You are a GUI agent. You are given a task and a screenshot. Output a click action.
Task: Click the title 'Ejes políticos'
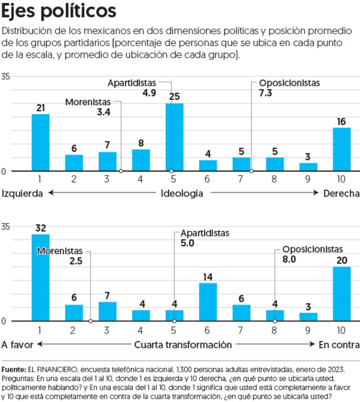coord(59,12)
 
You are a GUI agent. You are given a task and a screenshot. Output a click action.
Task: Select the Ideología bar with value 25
coord(174,137)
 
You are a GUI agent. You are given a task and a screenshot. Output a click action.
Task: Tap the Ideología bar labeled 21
coord(40,142)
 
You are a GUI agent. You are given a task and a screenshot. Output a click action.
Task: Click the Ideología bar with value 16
coord(341,149)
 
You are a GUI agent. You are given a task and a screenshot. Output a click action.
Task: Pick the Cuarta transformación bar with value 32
coord(40,277)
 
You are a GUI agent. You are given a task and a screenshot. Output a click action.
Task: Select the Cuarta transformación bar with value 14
coord(208,302)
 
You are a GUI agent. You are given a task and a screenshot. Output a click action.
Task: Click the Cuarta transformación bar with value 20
coord(341,294)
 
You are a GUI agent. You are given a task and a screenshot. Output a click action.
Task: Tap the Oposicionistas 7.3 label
coord(289,88)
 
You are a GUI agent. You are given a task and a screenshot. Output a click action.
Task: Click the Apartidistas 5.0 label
coord(205,238)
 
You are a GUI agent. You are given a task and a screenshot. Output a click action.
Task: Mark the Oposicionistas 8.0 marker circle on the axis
coord(275,321)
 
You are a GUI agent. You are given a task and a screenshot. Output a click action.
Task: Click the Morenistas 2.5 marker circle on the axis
coord(90,321)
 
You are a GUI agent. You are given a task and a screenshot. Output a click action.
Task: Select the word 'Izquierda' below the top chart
coord(22,194)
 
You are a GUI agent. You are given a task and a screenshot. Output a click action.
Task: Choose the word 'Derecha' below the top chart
coord(342,194)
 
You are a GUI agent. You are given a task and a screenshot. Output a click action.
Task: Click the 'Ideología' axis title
coord(182,194)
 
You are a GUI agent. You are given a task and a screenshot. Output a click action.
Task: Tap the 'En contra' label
coord(339,345)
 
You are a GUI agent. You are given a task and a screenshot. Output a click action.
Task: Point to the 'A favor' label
coord(17,345)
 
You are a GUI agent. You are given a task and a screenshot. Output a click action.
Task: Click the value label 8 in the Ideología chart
coord(141,143)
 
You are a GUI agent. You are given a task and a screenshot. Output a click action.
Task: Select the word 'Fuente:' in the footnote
coord(13,370)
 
